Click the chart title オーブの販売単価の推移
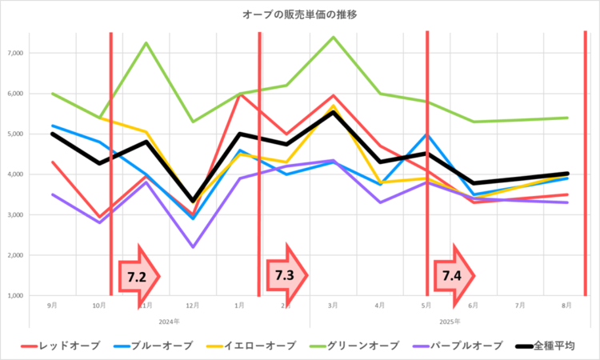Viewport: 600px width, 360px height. click(300, 15)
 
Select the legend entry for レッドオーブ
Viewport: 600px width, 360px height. click(70, 345)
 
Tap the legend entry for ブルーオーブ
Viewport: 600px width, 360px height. click(163, 345)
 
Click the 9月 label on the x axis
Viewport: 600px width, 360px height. click(52, 306)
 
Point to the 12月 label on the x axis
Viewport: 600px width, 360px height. click(193, 306)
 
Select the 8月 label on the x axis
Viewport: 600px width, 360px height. click(566, 306)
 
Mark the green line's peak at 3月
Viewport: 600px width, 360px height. click(333, 37)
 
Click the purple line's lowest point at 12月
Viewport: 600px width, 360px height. click(193, 247)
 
